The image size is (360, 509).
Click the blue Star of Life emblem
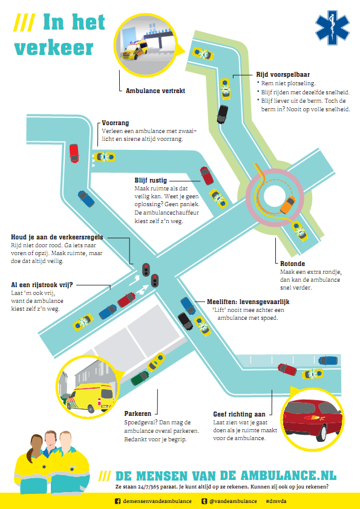pos(332,28)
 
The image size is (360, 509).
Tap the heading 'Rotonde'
pos(292,264)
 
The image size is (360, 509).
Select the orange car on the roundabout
pos(287,204)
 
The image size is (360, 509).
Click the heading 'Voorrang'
pos(116,123)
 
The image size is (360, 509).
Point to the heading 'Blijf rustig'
pos(151,181)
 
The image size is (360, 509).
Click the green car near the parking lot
pos(140,378)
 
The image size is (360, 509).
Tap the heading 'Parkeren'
pos(138,413)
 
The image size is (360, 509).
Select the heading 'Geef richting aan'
pos(239,414)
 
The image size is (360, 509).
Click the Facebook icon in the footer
pos(117,501)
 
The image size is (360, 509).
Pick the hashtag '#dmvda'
pos(276,501)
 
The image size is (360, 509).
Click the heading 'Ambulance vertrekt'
pos(155,91)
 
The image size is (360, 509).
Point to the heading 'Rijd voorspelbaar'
pos(283,75)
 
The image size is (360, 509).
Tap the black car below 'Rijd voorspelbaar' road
pos(223,114)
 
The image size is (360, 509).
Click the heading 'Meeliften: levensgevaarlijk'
pos(248,302)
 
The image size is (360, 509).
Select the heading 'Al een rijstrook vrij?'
pos(42,285)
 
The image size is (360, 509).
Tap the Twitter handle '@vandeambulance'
pos(233,501)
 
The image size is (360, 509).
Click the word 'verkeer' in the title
pos(54,48)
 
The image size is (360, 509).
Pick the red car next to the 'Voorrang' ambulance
pos(74,153)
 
